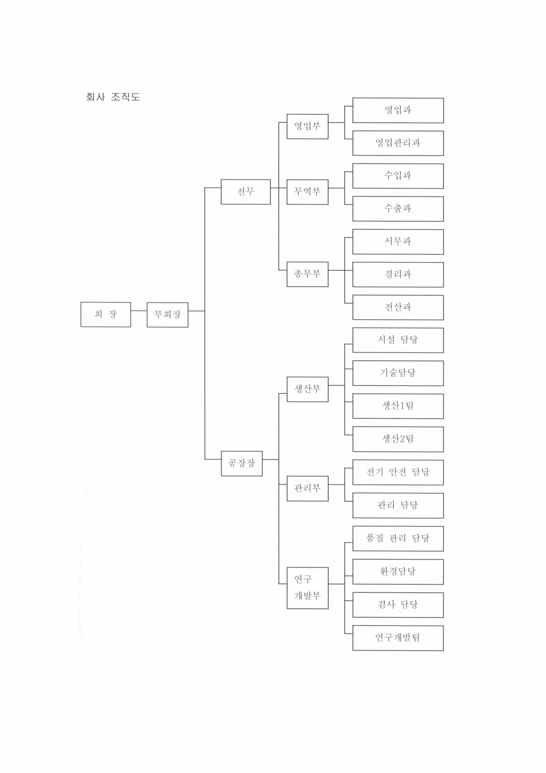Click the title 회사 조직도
113,97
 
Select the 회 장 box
106,314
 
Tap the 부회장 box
167,314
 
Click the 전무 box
246,192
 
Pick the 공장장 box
242,463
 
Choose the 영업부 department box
307,126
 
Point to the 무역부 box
307,192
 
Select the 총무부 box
307,274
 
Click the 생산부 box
307,389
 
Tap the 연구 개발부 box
307,588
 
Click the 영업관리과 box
398,143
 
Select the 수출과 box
398,209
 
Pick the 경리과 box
398,274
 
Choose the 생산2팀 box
398,439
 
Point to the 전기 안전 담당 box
398,472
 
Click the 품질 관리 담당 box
398,538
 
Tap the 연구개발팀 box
398,638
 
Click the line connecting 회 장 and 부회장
139,311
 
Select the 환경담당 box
398,571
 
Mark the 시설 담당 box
398,340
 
